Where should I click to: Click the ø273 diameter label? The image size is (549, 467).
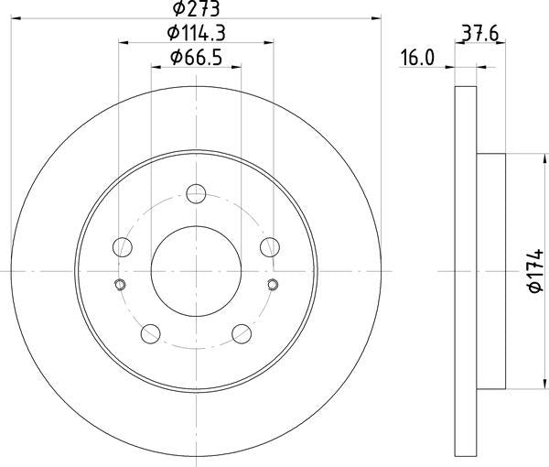point(197,9)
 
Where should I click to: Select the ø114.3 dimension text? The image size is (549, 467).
point(197,34)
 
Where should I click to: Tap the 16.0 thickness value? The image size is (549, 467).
point(415,59)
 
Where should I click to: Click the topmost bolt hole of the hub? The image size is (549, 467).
point(196,194)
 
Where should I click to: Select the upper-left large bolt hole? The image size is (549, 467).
point(123,247)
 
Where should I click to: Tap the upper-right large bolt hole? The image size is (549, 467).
point(269,247)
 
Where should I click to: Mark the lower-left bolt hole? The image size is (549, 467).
point(151,332)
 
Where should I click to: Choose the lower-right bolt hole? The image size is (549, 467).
point(241,332)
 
